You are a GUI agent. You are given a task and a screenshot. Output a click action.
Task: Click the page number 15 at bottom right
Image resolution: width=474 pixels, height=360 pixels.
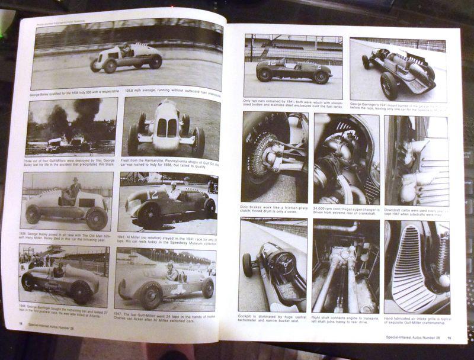449,338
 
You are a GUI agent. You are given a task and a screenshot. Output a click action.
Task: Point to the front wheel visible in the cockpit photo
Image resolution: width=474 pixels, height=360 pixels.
248,264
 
